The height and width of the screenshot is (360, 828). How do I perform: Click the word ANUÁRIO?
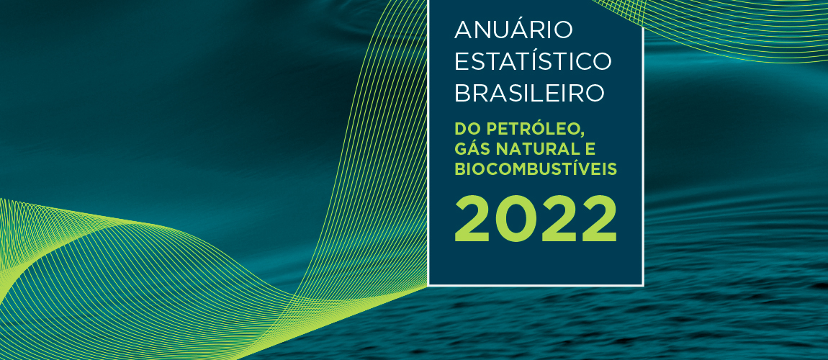coord(513,30)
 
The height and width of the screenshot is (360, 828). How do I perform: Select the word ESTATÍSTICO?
coord(533,62)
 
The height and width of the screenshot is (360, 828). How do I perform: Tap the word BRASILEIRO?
coord(528,94)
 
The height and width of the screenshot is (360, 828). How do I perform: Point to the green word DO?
coord(467,130)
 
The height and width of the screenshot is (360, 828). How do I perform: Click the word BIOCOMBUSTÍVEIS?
coord(536,169)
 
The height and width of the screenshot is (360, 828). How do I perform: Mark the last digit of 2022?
coord(598,220)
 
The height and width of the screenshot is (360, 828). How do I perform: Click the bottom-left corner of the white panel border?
coord(429,284)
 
